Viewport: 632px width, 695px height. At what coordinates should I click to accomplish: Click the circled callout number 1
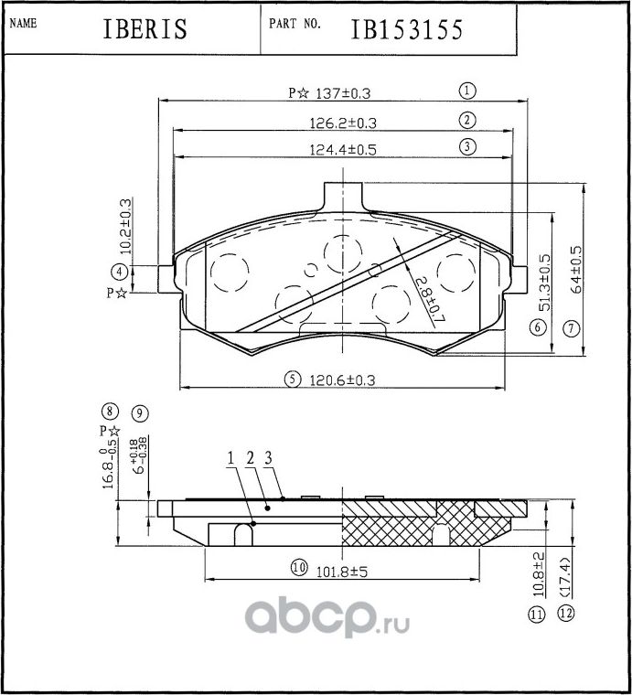point(466,91)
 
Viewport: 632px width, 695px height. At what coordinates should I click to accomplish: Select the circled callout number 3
point(466,146)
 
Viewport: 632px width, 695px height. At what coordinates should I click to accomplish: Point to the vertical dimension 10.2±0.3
point(125,228)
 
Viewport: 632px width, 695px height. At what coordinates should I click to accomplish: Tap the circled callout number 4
point(119,271)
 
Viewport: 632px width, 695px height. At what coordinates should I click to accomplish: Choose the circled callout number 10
point(297,568)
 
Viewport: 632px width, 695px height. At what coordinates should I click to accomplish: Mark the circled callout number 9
point(139,413)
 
